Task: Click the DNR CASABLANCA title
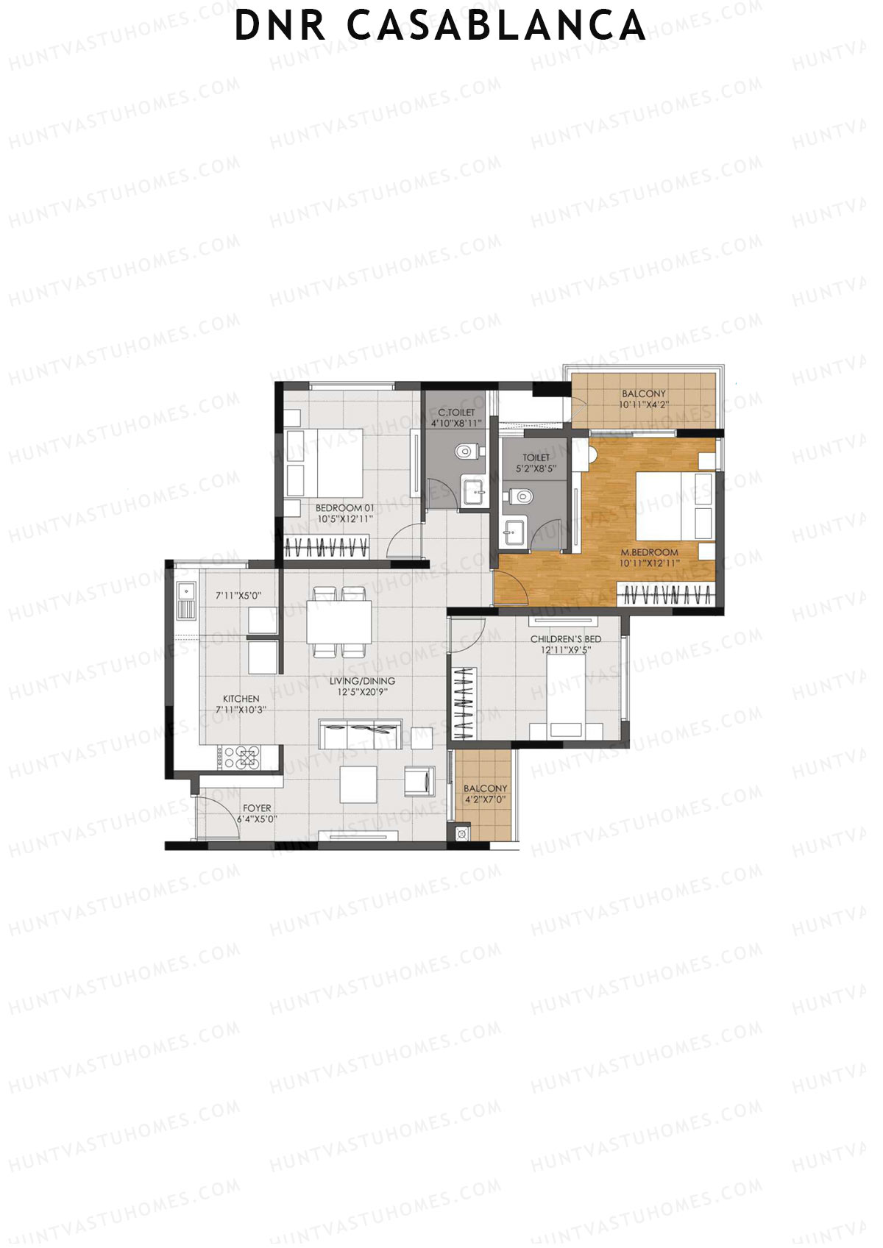coord(440,27)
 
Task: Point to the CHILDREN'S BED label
coord(566,639)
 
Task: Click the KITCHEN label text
coord(241,699)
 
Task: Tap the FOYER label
coord(257,807)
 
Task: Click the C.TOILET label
coord(456,413)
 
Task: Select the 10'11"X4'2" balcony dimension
coord(643,404)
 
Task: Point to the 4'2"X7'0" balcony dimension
coord(485,799)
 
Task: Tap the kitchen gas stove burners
coord(243,757)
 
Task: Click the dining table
coord(338,622)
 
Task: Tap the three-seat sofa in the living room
coord(360,735)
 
